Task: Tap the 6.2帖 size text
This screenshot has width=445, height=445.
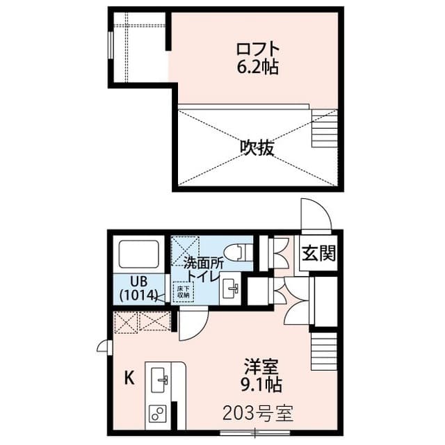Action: pyautogui.click(x=257, y=68)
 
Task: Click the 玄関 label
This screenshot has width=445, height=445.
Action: pyautogui.click(x=318, y=252)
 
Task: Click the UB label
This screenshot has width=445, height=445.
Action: pyautogui.click(x=139, y=281)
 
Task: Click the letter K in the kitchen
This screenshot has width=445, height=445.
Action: pyautogui.click(x=128, y=378)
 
